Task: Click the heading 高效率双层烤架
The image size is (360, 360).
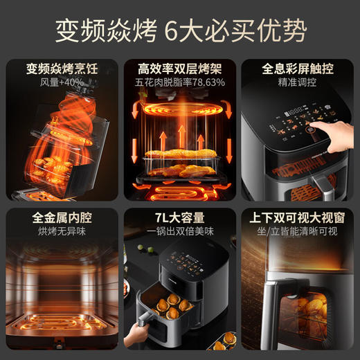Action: pyautogui.click(x=180, y=69)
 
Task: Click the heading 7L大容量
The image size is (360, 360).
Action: pyautogui.click(x=180, y=218)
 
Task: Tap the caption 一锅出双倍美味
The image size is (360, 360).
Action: pyautogui.click(x=180, y=232)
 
